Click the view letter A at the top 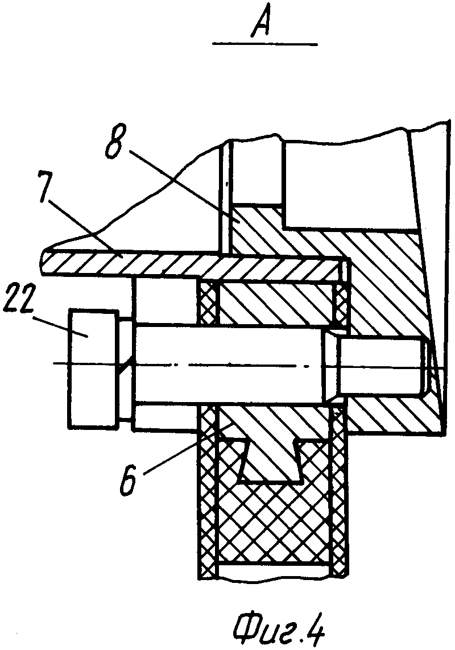[263, 24]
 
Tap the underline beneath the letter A [264, 44]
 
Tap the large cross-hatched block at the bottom [273, 529]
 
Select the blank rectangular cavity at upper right [347, 182]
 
